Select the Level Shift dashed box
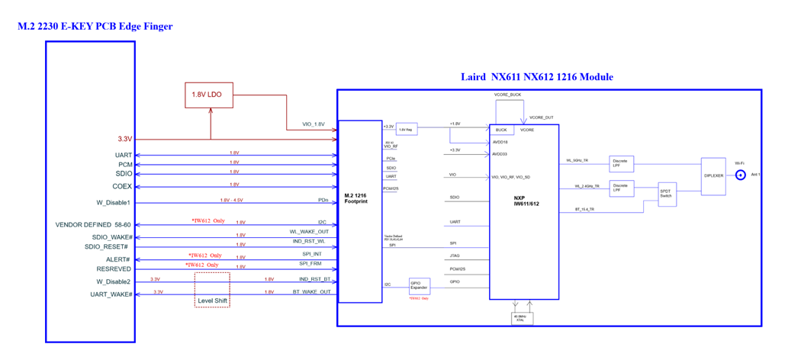[x=211, y=290]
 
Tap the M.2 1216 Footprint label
[x=355, y=198]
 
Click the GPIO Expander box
[x=420, y=285]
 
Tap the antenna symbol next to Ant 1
[x=739, y=175]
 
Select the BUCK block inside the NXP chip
[x=501, y=130]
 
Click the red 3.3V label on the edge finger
[x=124, y=140]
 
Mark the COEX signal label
[x=123, y=186]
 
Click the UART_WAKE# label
[x=111, y=294]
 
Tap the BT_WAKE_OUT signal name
[x=311, y=291]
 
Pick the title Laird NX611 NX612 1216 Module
[x=536, y=77]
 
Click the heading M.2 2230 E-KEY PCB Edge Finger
[x=95, y=27]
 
